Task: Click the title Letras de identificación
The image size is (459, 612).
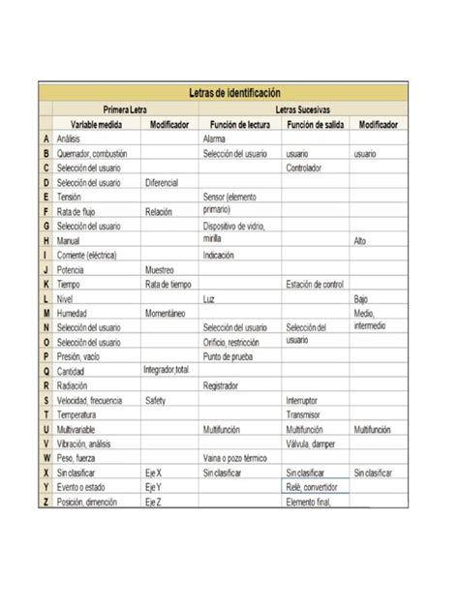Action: point(234,93)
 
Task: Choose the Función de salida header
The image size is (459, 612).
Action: point(315,124)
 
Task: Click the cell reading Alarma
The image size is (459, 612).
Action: point(215,139)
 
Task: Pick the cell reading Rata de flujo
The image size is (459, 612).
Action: point(76,211)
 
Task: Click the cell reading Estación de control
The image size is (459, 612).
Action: point(315,284)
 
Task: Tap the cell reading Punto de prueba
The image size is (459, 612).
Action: point(229,356)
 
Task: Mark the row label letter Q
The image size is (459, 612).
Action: point(46,371)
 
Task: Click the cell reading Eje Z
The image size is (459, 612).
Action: point(153,503)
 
